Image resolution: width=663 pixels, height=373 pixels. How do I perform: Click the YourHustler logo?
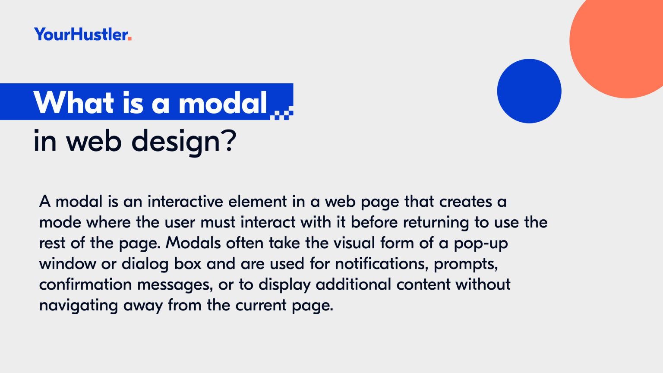click(x=83, y=34)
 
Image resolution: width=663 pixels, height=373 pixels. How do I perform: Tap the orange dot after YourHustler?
click(x=129, y=38)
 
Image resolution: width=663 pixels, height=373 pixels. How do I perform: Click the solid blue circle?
click(x=529, y=91)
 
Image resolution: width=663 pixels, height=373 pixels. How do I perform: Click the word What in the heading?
click(x=74, y=102)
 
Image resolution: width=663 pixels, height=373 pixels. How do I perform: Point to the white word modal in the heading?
click(x=223, y=102)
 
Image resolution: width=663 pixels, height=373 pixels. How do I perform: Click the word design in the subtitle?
click(x=176, y=142)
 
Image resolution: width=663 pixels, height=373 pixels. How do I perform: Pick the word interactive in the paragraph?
click(x=185, y=201)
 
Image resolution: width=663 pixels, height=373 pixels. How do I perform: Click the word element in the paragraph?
click(x=258, y=201)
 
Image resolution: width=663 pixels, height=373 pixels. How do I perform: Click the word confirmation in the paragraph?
click(x=85, y=284)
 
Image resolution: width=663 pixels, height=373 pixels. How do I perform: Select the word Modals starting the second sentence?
click(x=193, y=243)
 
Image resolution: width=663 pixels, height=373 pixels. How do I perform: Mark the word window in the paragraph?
click(x=67, y=263)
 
